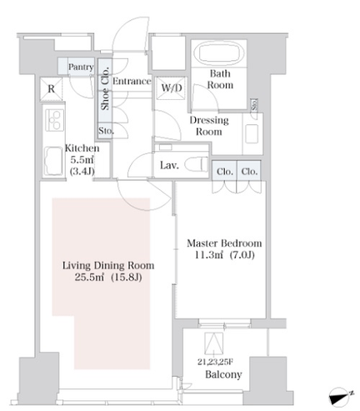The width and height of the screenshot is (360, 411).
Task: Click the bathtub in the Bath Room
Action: click(x=219, y=53)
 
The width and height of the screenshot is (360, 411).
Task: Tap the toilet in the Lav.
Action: click(x=197, y=164)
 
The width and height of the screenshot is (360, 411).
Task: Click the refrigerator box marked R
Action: click(x=52, y=89)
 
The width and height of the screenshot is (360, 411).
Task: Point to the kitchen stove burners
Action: click(x=55, y=120)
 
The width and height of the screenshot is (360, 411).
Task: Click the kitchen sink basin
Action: click(x=53, y=161)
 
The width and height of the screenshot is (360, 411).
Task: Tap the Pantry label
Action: click(x=81, y=67)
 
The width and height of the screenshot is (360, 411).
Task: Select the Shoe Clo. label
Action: click(x=105, y=88)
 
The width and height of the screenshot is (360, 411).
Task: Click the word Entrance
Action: click(x=132, y=81)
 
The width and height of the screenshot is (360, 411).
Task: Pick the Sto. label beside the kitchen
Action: click(x=106, y=130)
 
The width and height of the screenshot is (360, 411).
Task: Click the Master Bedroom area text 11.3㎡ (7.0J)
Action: click(x=224, y=254)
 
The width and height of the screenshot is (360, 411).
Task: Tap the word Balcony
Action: click(x=223, y=374)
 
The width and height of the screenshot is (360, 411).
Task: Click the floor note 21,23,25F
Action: click(x=215, y=362)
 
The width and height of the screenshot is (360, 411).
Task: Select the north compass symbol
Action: click(x=341, y=397)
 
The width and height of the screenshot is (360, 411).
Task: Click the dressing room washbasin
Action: click(x=252, y=134)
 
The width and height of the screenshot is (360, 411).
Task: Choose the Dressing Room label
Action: click(x=209, y=126)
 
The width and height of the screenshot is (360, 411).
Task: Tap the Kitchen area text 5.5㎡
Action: click(x=82, y=160)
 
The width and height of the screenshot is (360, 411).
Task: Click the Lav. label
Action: click(x=169, y=165)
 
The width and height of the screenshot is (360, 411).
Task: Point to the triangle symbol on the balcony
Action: click(x=213, y=343)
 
